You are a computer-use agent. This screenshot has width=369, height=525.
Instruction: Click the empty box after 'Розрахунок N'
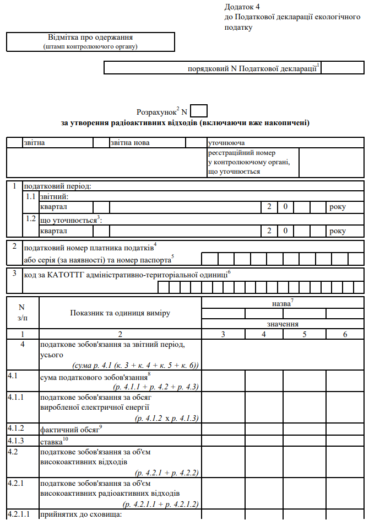click(199, 111)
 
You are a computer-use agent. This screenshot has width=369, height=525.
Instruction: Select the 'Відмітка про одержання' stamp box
click(90, 41)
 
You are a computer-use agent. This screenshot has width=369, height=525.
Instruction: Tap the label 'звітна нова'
click(130, 143)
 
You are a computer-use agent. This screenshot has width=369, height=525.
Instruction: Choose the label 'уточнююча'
click(226, 143)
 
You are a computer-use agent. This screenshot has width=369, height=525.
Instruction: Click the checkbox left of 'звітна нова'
click(102, 143)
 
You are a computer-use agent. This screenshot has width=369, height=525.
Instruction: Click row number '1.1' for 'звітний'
click(31, 196)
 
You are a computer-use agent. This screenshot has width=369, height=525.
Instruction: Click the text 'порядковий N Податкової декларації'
click(252, 68)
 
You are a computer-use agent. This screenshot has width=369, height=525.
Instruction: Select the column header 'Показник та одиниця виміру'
click(120, 313)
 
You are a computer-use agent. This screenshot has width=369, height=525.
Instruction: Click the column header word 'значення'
click(283, 324)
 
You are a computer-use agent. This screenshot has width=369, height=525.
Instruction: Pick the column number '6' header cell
click(345, 334)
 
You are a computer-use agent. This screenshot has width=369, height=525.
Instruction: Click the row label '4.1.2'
click(16, 428)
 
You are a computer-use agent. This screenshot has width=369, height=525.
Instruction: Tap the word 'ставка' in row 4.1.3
click(51, 442)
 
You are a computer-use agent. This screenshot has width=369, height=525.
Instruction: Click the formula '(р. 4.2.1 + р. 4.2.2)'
click(166, 473)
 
